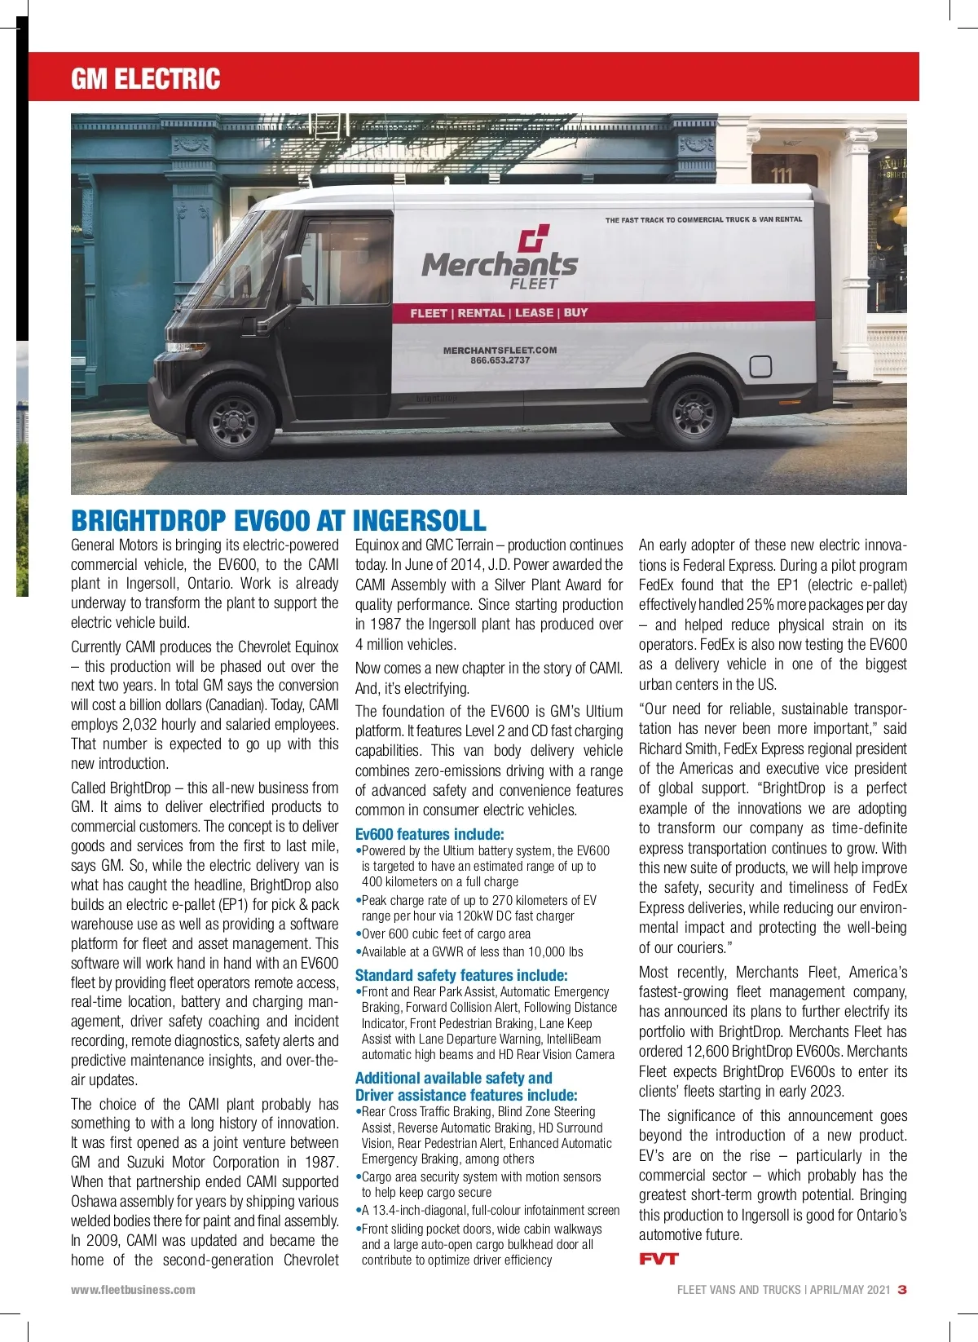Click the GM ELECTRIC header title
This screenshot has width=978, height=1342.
145,78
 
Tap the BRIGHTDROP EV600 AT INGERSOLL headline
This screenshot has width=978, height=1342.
278,520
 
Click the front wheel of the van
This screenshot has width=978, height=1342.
234,420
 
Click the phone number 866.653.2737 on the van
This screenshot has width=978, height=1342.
500,360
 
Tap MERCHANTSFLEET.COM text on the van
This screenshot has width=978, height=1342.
500,351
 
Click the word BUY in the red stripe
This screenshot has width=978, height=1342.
575,312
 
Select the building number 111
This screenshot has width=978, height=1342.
782,174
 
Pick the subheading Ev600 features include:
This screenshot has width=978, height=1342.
430,834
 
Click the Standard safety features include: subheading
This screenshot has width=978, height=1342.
461,975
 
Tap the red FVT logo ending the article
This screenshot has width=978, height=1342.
659,1259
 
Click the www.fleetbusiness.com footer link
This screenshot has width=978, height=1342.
133,1290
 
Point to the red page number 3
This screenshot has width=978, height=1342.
901,1290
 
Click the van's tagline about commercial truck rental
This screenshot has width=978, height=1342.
703,219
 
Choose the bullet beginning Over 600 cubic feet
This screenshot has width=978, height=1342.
446,934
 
